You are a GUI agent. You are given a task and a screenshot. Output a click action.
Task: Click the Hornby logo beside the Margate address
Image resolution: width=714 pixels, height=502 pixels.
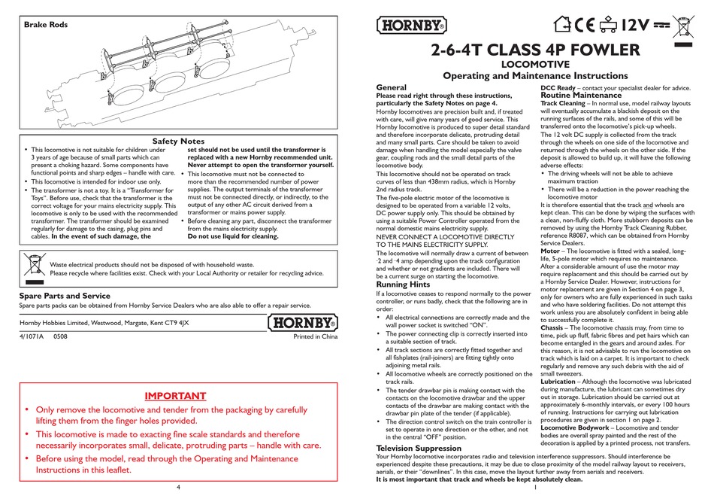coord(301,324)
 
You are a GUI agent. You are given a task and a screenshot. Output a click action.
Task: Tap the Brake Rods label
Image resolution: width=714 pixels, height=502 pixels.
coord(46,25)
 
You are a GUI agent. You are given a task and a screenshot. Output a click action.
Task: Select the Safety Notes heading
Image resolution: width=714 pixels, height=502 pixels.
coord(178,141)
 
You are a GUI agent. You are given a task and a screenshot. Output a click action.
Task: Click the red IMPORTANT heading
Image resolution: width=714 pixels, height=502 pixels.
coord(175,395)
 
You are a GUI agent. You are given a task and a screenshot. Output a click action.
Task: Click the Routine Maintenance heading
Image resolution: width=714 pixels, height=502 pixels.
coord(581,96)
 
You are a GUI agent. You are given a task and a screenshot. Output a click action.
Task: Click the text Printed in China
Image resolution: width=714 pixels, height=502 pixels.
coord(316,337)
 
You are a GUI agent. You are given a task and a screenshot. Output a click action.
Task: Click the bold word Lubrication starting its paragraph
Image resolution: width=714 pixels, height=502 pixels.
coord(563,382)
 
